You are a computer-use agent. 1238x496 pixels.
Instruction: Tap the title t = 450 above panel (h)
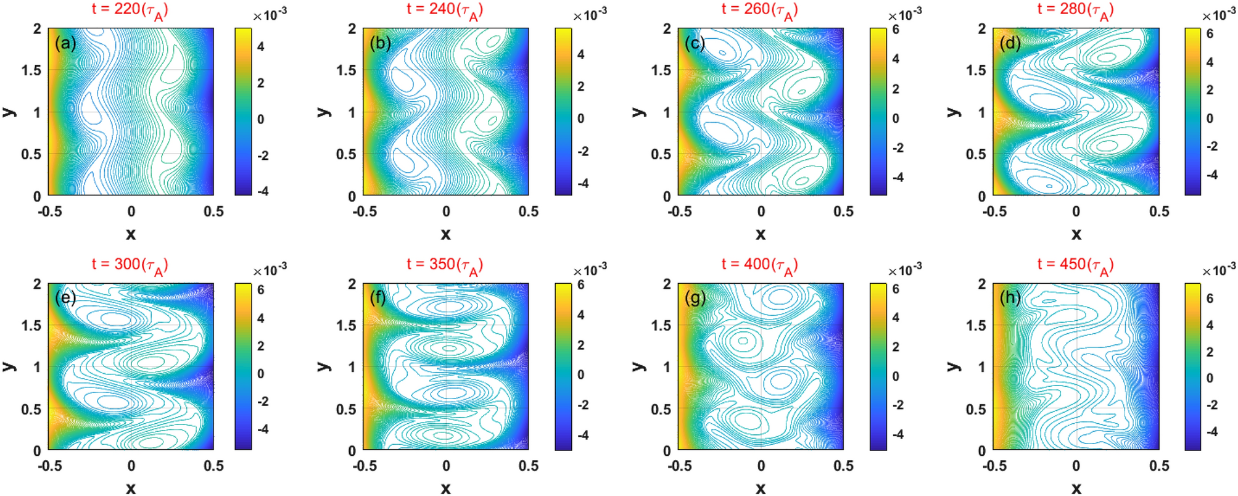pos(1075,265)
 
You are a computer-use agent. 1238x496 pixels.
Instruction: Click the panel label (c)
pos(695,43)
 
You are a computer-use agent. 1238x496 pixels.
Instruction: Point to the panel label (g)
pos(695,298)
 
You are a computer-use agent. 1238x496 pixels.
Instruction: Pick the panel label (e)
pos(65,298)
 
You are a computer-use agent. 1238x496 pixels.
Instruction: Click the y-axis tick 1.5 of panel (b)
pos(347,70)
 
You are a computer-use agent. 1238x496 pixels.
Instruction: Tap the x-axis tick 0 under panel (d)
pos(1076,212)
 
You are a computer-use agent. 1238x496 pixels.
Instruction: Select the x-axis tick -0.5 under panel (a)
pos(50,212)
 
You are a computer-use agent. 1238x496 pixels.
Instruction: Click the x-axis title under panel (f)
pos(445,489)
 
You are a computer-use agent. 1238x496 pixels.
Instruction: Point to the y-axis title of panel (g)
pos(639,366)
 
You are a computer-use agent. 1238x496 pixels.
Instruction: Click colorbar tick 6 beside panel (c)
pos(896,30)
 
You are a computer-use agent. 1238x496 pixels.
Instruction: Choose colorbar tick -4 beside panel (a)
pos(263,191)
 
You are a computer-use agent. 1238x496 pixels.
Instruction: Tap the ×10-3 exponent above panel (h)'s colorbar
pos(1218,270)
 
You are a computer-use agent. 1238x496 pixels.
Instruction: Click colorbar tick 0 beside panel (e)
pos(261,374)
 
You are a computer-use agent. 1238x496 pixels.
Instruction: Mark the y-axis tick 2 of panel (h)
pos(981,284)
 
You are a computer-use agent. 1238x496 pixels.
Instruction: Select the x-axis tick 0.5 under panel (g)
pos(843,466)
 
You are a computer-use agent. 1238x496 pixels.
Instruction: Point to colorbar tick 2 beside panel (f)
pos(581,345)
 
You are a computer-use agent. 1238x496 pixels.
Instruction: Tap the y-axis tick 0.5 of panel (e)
pos(31,409)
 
